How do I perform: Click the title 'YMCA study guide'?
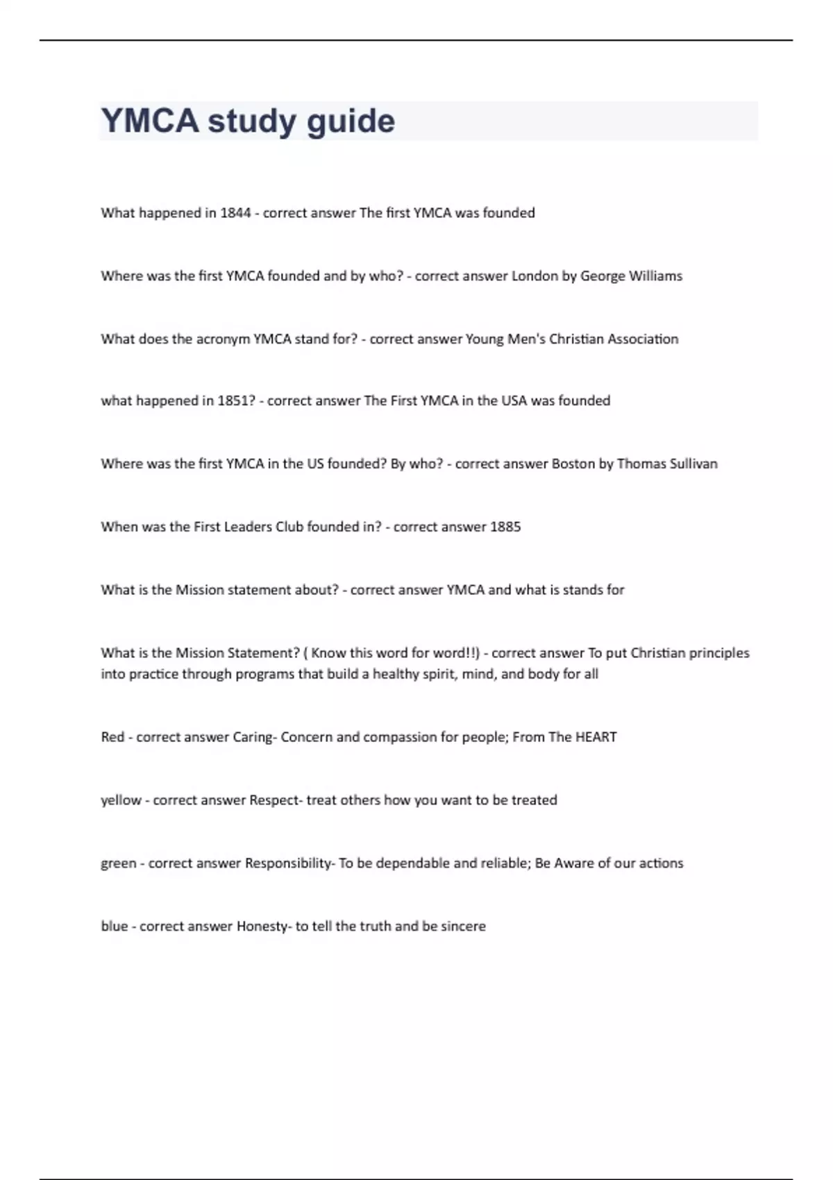(248, 121)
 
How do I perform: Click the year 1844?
(235, 213)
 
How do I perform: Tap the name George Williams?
(631, 276)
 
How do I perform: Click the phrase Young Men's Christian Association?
(571, 339)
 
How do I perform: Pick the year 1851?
(236, 401)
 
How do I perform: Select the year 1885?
(505, 527)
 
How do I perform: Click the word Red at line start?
(112, 737)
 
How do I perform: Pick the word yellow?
(121, 800)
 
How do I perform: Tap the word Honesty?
(262, 927)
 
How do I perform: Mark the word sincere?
(463, 927)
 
